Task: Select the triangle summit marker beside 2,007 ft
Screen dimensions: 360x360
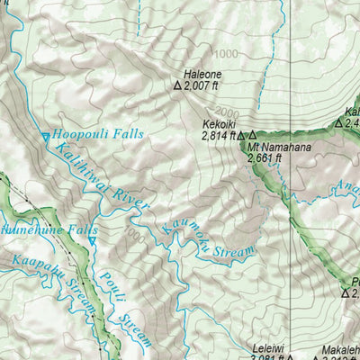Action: [x=177, y=87]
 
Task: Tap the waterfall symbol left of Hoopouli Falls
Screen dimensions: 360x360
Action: [x=46, y=137]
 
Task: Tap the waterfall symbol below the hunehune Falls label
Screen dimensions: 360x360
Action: [x=91, y=241]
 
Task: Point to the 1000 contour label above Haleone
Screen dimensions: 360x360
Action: [x=227, y=54]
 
